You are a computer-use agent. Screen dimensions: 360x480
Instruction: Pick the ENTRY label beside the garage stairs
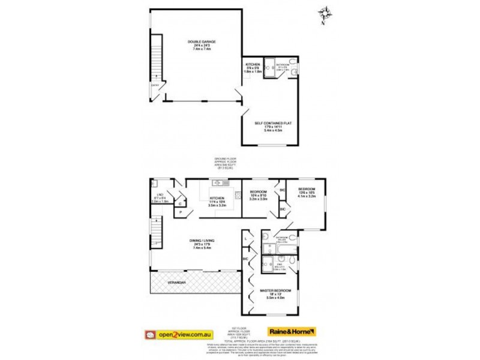coord(155,85)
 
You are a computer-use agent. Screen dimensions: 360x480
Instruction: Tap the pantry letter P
coord(181,212)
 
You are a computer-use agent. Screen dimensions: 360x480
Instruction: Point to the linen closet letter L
coord(247,239)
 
